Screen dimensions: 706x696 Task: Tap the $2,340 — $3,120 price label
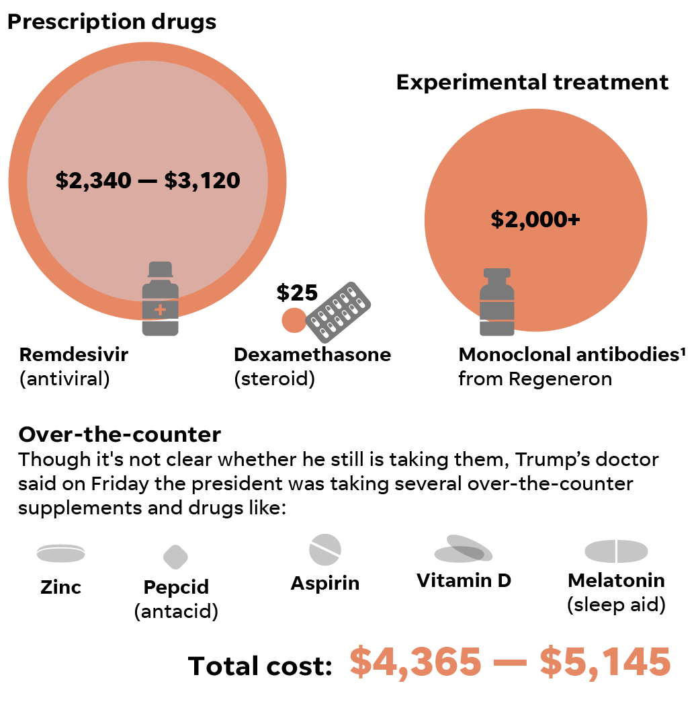point(148,180)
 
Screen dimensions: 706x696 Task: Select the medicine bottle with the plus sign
point(160,299)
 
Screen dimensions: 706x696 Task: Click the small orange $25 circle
point(294,319)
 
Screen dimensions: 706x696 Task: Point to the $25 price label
point(297,292)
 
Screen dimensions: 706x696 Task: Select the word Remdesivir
point(73,354)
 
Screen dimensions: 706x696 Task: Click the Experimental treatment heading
point(532,82)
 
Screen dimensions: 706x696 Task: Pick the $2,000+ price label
point(535,219)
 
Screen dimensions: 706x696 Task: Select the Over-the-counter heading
point(120,434)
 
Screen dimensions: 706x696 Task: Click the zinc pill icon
point(60,553)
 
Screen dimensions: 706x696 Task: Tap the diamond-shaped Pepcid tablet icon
point(175,557)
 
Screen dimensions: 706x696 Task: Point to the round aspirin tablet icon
point(325,549)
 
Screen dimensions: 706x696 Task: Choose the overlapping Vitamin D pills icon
point(464,549)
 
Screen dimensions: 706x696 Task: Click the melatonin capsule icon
point(616,551)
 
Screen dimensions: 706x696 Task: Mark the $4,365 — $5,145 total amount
point(510,662)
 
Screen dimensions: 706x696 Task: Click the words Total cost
point(261,666)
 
